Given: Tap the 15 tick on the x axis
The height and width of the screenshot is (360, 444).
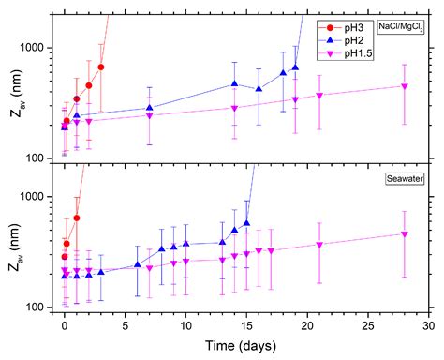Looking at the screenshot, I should click(246, 326).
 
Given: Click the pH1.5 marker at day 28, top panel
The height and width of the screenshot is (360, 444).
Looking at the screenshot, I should click(404, 86).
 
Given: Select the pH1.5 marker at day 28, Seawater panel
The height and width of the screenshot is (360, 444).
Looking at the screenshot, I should click(404, 233).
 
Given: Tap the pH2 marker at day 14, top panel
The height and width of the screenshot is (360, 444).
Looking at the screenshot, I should click(234, 83).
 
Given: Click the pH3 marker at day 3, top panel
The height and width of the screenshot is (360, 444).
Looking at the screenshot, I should click(100, 67).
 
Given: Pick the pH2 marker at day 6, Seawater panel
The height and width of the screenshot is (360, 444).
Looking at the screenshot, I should click(137, 264).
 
